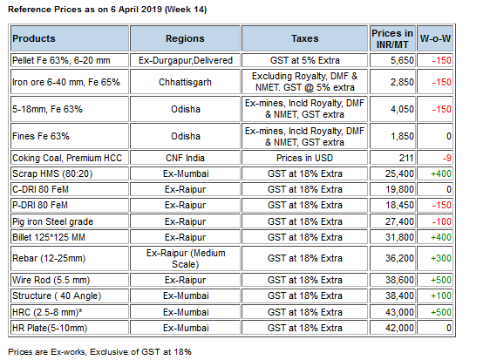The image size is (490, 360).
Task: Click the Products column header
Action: tap(34, 38)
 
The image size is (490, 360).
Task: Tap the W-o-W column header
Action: tap(435, 38)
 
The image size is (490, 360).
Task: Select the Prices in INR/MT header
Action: tap(392, 38)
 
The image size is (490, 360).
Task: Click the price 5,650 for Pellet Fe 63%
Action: tap(402, 60)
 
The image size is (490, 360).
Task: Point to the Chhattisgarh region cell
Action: tap(185, 82)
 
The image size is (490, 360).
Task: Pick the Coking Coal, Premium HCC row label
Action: tap(67, 158)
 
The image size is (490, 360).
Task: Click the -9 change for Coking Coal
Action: tap(447, 158)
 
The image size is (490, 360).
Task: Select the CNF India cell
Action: tap(185, 158)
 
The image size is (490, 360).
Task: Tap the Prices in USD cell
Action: tap(304, 158)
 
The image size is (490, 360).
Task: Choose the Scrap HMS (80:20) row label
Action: tap(52, 173)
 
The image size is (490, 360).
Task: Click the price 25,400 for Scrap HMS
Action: tap(399, 173)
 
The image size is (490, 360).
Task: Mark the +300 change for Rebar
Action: tap(441, 258)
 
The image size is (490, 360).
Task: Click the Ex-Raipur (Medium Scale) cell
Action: tap(186, 258)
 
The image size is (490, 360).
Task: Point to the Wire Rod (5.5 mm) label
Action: tap(51, 280)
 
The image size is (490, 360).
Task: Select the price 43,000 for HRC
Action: tap(399, 312)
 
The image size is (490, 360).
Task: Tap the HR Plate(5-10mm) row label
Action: tap(50, 328)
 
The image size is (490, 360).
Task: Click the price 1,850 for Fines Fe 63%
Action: tap(402, 136)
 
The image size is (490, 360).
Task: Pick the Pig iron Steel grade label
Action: tap(52, 221)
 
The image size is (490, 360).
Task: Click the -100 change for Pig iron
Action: tap(441, 221)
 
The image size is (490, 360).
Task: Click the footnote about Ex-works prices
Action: tap(99, 352)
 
